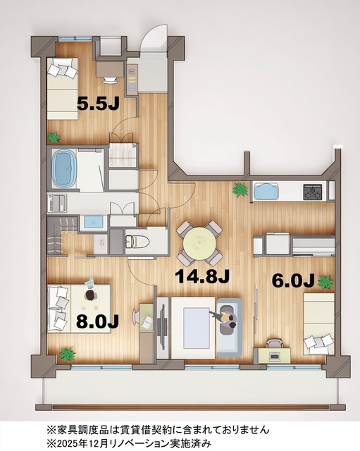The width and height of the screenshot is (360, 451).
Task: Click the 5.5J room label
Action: coord(98,104)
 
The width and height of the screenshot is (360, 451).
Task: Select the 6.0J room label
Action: coord(292,280)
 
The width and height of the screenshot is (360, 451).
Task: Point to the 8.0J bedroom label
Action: coord(97,321)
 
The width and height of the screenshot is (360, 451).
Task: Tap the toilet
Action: coord(138,241)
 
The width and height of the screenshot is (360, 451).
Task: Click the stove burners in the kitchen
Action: coord(312,190)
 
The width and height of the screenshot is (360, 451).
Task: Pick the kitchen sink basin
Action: coord(266,191)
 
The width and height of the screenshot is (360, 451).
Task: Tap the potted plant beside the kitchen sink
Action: coord(240,189)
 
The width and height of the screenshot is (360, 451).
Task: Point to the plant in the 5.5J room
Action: coord(53,137)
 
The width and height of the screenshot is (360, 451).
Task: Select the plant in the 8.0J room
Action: coord(66,352)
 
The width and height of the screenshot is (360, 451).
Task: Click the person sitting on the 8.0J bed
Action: coord(89,295)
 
